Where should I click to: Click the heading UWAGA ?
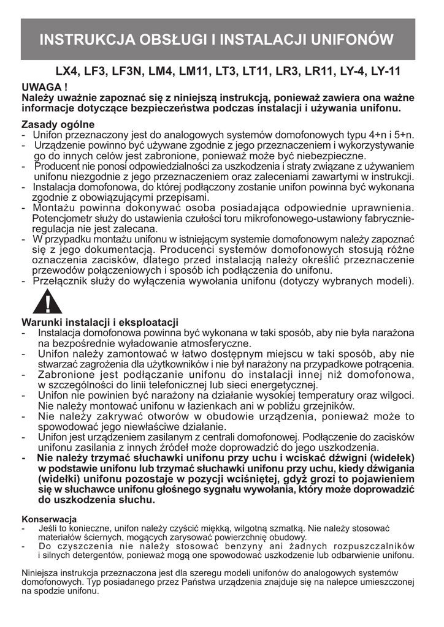click(44, 87)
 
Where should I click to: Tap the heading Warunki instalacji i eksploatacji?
click(99, 322)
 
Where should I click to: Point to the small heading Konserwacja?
click(48, 519)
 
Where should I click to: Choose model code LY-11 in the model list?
click(385, 72)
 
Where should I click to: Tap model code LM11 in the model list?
click(194, 72)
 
